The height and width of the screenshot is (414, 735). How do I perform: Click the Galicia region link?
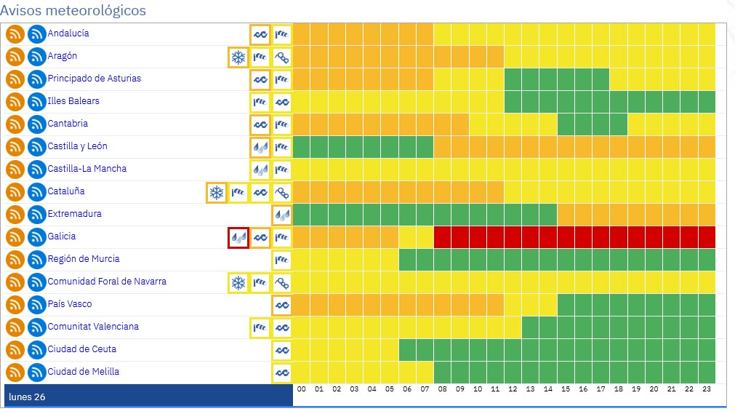[x=62, y=236]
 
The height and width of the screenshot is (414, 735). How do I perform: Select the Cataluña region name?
[x=66, y=191]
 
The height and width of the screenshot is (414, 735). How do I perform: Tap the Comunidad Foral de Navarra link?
[x=107, y=282]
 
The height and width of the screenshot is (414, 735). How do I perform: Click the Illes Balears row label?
[x=73, y=101]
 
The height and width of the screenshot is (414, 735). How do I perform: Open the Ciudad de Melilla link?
[x=84, y=372]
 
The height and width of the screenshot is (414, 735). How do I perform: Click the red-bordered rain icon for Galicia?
[x=238, y=237]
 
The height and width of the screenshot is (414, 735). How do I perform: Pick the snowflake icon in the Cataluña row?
[x=217, y=192]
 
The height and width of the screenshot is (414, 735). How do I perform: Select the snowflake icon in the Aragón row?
[x=238, y=57]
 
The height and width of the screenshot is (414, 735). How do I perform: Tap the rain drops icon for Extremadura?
[x=282, y=215]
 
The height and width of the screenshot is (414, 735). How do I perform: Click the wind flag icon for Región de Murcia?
[x=282, y=260]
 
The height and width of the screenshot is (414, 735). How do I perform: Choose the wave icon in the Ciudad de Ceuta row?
[x=282, y=350]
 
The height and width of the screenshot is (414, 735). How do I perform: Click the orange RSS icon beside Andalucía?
[x=15, y=34]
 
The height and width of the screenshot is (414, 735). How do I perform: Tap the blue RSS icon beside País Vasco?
[x=37, y=305]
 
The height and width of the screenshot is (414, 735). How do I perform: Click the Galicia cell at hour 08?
[x=442, y=237]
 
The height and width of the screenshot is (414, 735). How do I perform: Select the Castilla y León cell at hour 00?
[x=302, y=147]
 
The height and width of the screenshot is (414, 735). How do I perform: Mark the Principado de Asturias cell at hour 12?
[x=513, y=79]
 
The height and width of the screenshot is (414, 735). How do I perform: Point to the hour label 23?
[x=707, y=390]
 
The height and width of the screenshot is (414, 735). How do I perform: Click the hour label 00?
[x=302, y=390]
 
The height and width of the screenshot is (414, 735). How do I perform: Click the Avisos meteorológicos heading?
[x=73, y=11]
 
